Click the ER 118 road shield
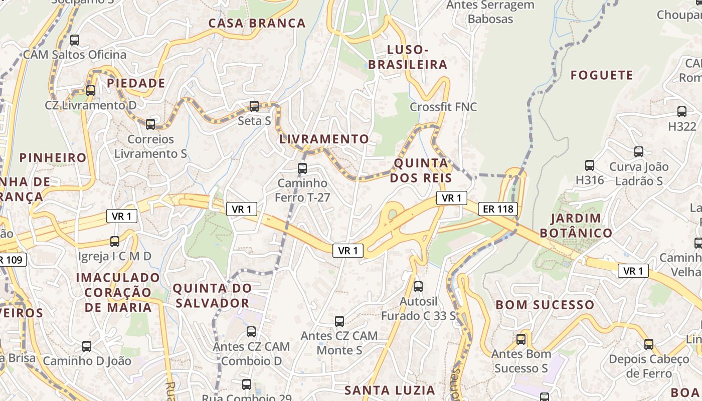click(497, 209)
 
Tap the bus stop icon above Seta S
click(254, 106)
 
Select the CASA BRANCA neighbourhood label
click(257, 23)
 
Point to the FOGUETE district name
click(602, 75)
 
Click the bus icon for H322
click(682, 112)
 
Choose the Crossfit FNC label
click(443, 107)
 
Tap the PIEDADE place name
click(136, 83)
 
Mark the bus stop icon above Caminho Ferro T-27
click(302, 168)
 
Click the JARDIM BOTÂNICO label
click(576, 226)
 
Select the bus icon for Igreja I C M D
click(115, 242)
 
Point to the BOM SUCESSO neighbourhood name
click(545, 305)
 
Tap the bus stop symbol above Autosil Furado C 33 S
click(418, 287)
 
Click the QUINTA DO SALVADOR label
click(212, 296)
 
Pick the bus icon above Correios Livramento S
click(150, 124)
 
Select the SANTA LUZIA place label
click(390, 390)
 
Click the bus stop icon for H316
click(590, 165)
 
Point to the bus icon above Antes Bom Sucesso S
click(521, 339)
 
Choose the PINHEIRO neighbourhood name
click(53, 158)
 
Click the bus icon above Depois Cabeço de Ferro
click(649, 344)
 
